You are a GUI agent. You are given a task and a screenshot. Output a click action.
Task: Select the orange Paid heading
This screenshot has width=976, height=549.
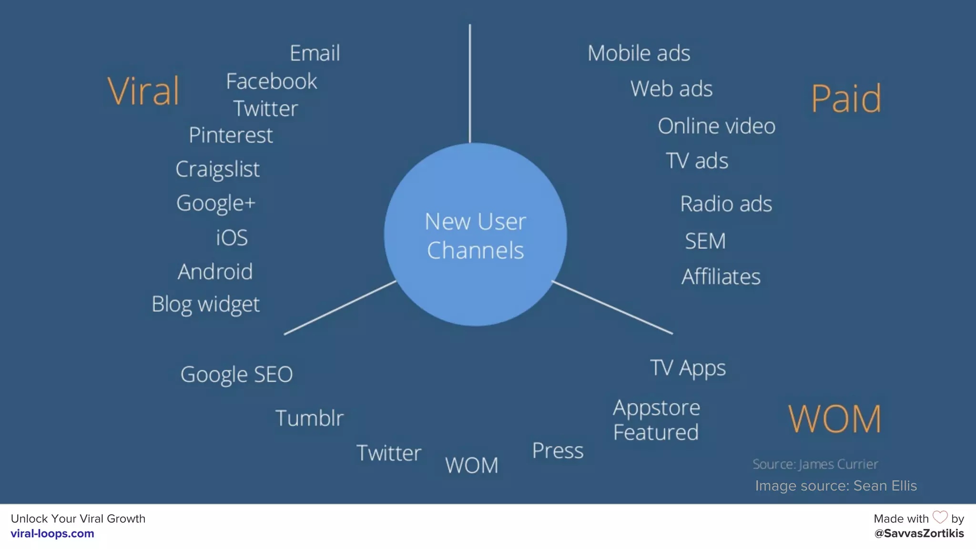[846, 99]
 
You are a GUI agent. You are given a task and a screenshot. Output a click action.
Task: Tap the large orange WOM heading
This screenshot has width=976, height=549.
[834, 419]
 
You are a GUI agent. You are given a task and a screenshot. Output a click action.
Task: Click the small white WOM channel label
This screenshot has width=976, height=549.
[471, 465]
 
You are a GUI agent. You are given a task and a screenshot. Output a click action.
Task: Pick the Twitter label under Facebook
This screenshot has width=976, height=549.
[265, 109]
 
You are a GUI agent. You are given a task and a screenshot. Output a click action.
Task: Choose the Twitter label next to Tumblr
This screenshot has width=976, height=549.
[389, 453]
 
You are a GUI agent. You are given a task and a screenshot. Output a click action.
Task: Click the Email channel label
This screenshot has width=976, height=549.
[315, 53]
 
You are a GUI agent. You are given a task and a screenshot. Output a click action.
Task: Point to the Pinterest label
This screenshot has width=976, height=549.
[231, 135]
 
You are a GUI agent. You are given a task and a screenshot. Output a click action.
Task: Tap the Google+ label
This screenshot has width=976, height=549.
[216, 203]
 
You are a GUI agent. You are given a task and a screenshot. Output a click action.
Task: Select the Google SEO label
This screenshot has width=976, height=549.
[236, 375]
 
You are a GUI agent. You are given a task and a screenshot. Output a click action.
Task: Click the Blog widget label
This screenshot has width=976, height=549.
[205, 304]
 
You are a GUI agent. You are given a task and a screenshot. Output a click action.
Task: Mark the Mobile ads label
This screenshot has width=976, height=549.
[639, 53]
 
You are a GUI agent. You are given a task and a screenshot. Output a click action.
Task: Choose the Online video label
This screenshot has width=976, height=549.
[716, 126]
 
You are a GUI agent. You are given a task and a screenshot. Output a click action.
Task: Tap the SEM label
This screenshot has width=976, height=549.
[705, 241]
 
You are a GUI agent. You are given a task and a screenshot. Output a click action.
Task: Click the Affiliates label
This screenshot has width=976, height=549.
[721, 277]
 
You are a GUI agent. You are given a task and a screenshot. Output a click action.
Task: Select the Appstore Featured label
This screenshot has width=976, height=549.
[656, 420]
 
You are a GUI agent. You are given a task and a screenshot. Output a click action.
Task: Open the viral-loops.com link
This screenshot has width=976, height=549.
[52, 534]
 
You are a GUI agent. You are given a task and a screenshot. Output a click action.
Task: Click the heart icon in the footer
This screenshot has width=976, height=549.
[940, 517]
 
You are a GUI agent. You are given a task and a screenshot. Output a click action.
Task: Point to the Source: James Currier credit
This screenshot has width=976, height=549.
[815, 464]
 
